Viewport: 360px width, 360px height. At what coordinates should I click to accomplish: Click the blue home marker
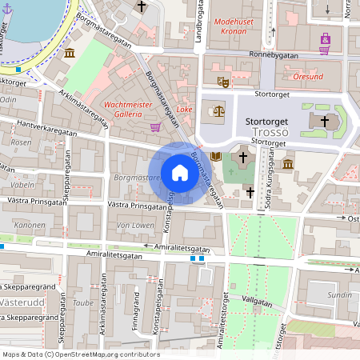[x=179, y=172]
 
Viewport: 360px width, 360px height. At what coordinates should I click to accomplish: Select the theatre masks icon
[x=223, y=81]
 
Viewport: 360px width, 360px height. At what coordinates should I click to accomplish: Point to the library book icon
[x=215, y=156]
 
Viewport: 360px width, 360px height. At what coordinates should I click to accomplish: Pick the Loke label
[x=185, y=108]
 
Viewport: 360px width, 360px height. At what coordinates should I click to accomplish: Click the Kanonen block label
[x=30, y=225]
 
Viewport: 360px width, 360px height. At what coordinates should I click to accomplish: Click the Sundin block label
[x=339, y=294]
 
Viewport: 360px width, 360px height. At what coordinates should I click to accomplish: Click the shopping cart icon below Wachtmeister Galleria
[x=154, y=126]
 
